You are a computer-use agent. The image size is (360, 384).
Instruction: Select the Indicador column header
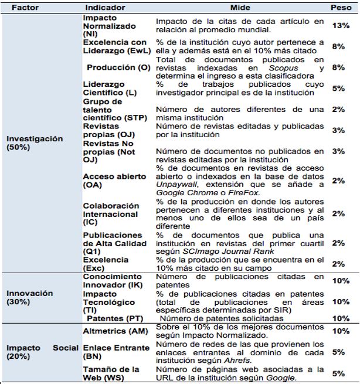click(x=104, y=8)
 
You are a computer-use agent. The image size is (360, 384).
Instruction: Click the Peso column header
click(x=341, y=8)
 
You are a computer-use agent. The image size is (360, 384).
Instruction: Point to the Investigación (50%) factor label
click(x=35, y=143)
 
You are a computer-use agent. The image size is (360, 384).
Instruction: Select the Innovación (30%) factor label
click(x=29, y=297)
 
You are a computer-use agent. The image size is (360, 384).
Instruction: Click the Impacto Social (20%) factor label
click(x=41, y=352)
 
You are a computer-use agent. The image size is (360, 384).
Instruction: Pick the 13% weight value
click(x=341, y=26)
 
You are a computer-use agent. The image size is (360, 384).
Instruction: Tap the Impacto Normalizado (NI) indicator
click(x=109, y=26)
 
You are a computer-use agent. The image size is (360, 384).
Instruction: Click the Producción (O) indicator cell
click(x=118, y=67)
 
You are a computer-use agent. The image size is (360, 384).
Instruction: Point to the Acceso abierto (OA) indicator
click(x=107, y=181)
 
